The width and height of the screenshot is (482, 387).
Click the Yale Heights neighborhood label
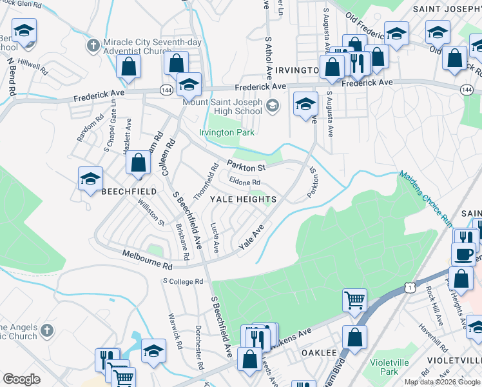point(244,199)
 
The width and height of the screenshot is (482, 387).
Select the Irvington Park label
point(227,132)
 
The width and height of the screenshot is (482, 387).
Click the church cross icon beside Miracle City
point(93,46)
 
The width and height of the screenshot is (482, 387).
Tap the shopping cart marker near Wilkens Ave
point(354,299)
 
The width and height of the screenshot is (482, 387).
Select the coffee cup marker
point(463,253)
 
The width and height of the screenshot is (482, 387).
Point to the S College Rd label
point(183,281)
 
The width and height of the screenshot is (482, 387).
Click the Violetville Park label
point(389,367)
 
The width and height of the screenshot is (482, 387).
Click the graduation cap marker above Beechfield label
point(90,177)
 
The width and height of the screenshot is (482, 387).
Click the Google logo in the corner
point(21,379)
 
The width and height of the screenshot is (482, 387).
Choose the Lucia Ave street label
point(215,238)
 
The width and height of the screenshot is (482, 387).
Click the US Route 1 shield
point(407,286)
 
